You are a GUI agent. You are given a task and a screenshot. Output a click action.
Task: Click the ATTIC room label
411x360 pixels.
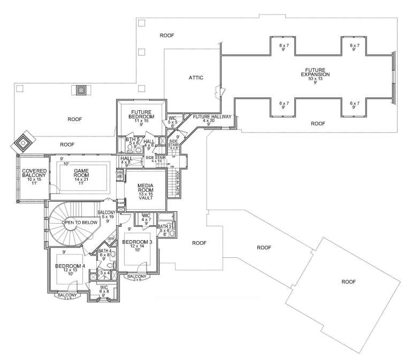196,78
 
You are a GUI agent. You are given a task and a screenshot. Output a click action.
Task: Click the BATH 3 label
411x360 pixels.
164,227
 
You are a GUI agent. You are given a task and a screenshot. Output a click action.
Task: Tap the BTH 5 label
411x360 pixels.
132,140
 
